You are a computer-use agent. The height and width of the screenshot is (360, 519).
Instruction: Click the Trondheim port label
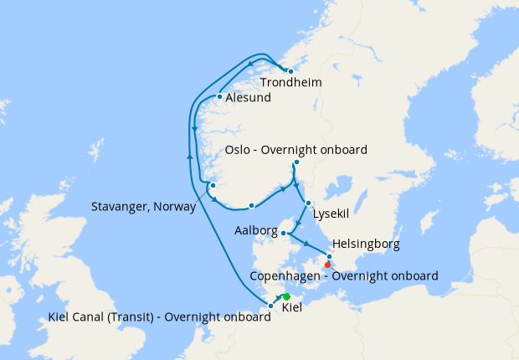click(291, 83)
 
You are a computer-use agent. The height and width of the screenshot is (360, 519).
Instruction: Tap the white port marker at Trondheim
click(290, 71)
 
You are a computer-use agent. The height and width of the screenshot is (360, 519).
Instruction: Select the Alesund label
click(249, 98)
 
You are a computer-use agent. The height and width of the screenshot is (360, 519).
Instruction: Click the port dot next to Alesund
click(219, 97)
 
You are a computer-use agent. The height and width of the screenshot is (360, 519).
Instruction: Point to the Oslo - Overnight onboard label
click(296, 150)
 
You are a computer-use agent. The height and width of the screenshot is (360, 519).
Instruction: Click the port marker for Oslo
click(296, 162)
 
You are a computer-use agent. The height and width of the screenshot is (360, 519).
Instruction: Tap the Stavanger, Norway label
click(144, 206)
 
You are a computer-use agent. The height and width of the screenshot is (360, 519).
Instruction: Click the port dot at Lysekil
click(309, 203)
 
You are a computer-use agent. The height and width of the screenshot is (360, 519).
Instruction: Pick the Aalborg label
click(254, 229)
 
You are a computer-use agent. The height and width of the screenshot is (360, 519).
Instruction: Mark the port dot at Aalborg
click(284, 233)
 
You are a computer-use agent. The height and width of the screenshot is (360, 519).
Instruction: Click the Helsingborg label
click(366, 244)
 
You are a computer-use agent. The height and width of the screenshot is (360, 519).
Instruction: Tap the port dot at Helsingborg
click(329, 256)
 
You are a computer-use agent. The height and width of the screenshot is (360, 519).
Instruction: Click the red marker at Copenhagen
click(327, 265)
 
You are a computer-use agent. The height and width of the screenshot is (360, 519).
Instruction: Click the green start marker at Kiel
click(286, 297)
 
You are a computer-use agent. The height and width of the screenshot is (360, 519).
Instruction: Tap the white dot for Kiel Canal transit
click(270, 306)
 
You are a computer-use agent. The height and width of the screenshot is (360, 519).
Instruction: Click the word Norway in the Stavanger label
click(175, 206)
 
